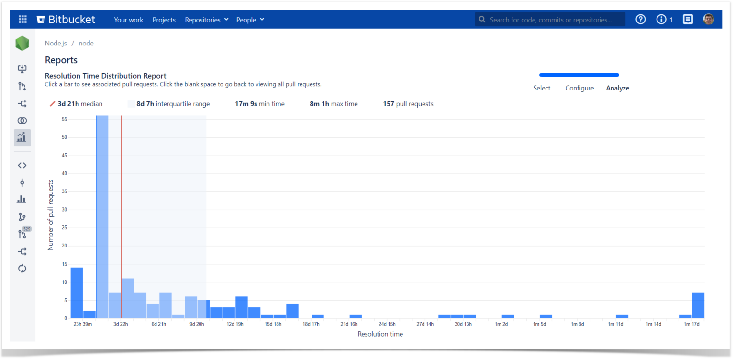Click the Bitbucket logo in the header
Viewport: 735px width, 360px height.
pyautogui.click(x=66, y=20)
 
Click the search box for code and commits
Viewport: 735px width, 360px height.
pyautogui.click(x=550, y=20)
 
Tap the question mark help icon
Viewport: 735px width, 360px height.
pyautogui.click(x=640, y=20)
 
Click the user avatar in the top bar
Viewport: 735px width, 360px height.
pyautogui.click(x=708, y=20)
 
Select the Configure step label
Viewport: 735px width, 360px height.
pyautogui.click(x=579, y=88)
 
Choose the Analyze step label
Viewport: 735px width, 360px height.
pyautogui.click(x=617, y=88)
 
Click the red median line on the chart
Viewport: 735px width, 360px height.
pyautogui.click(x=122, y=215)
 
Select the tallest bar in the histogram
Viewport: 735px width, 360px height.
pyautogui.click(x=102, y=215)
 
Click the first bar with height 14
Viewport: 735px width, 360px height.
pyautogui.click(x=77, y=292)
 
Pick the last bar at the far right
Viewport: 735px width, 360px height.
pyautogui.click(x=698, y=305)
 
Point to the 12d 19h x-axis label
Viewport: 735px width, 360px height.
pyautogui.click(x=234, y=324)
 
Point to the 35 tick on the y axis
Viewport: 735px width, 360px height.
pyautogui.click(x=64, y=191)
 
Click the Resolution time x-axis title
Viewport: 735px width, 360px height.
pyautogui.click(x=380, y=334)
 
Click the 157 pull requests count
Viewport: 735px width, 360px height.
pyautogui.click(x=408, y=104)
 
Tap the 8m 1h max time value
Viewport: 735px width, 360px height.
pyautogui.click(x=334, y=104)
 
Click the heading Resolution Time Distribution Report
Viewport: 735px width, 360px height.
pyautogui.click(x=105, y=76)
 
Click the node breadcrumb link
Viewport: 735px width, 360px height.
pyautogui.click(x=86, y=43)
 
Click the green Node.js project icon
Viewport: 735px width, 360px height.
pyautogui.click(x=22, y=44)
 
